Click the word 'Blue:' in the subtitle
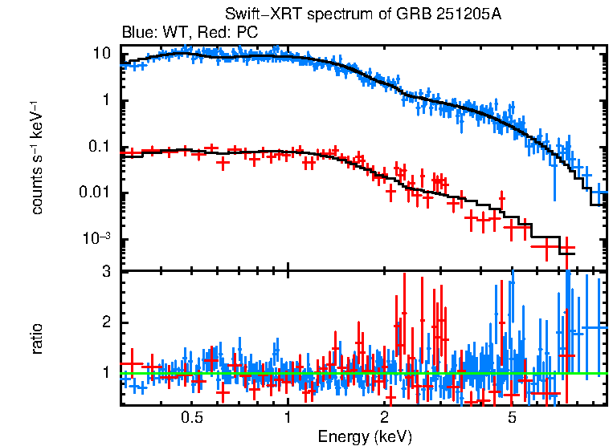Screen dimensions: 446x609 137,33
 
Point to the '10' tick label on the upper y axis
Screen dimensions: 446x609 101,54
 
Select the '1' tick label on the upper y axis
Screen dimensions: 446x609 105,100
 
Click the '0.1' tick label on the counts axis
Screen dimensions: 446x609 99,147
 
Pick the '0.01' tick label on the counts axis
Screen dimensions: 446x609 96,193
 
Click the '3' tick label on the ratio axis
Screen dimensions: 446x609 105,273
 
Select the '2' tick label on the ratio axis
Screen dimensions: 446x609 105,322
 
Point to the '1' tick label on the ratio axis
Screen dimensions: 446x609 105,373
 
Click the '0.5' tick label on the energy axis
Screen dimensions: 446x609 191,417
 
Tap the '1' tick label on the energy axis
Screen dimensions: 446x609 288,417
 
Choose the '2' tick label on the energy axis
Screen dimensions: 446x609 384,417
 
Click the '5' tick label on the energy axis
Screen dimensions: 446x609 512,417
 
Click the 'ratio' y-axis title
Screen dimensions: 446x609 37,339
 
